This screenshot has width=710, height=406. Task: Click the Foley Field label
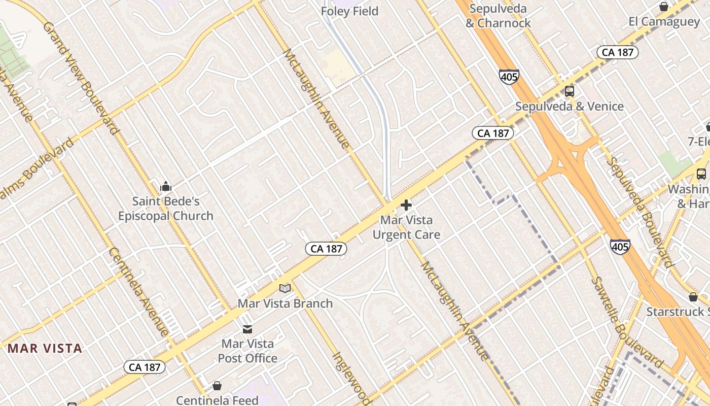[x=349, y=11]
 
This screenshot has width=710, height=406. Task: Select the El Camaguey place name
[x=664, y=22]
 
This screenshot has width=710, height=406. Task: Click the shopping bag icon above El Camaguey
[x=663, y=7]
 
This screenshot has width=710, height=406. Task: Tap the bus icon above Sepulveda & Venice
[x=570, y=91]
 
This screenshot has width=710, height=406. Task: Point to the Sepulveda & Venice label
[x=569, y=107]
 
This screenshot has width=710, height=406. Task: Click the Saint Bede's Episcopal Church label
[x=166, y=209]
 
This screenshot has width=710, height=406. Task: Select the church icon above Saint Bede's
[x=166, y=187]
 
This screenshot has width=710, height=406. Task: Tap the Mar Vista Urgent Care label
[x=406, y=227]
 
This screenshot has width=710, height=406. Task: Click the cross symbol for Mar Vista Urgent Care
[x=406, y=205]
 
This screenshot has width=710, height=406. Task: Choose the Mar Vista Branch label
[x=285, y=303]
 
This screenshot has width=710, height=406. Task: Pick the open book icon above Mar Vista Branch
[x=285, y=288]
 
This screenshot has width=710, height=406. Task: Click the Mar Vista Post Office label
[x=247, y=351]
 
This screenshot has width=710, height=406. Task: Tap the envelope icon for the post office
[x=247, y=329]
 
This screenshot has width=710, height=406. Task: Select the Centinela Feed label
[x=217, y=400]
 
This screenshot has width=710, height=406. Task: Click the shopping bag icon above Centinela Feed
[x=217, y=386]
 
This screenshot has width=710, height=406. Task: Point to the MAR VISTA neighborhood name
[x=45, y=348]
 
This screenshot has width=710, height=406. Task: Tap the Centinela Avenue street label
[x=138, y=291]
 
